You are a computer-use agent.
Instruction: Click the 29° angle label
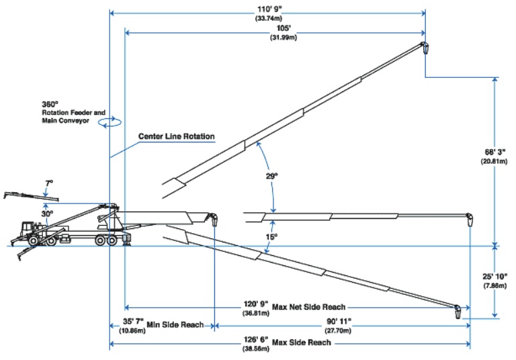click(272, 175)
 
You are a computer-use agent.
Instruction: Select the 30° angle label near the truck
click(46, 214)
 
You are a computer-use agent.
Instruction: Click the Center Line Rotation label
click(176, 136)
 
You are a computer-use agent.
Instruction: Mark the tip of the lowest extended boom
click(458, 311)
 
